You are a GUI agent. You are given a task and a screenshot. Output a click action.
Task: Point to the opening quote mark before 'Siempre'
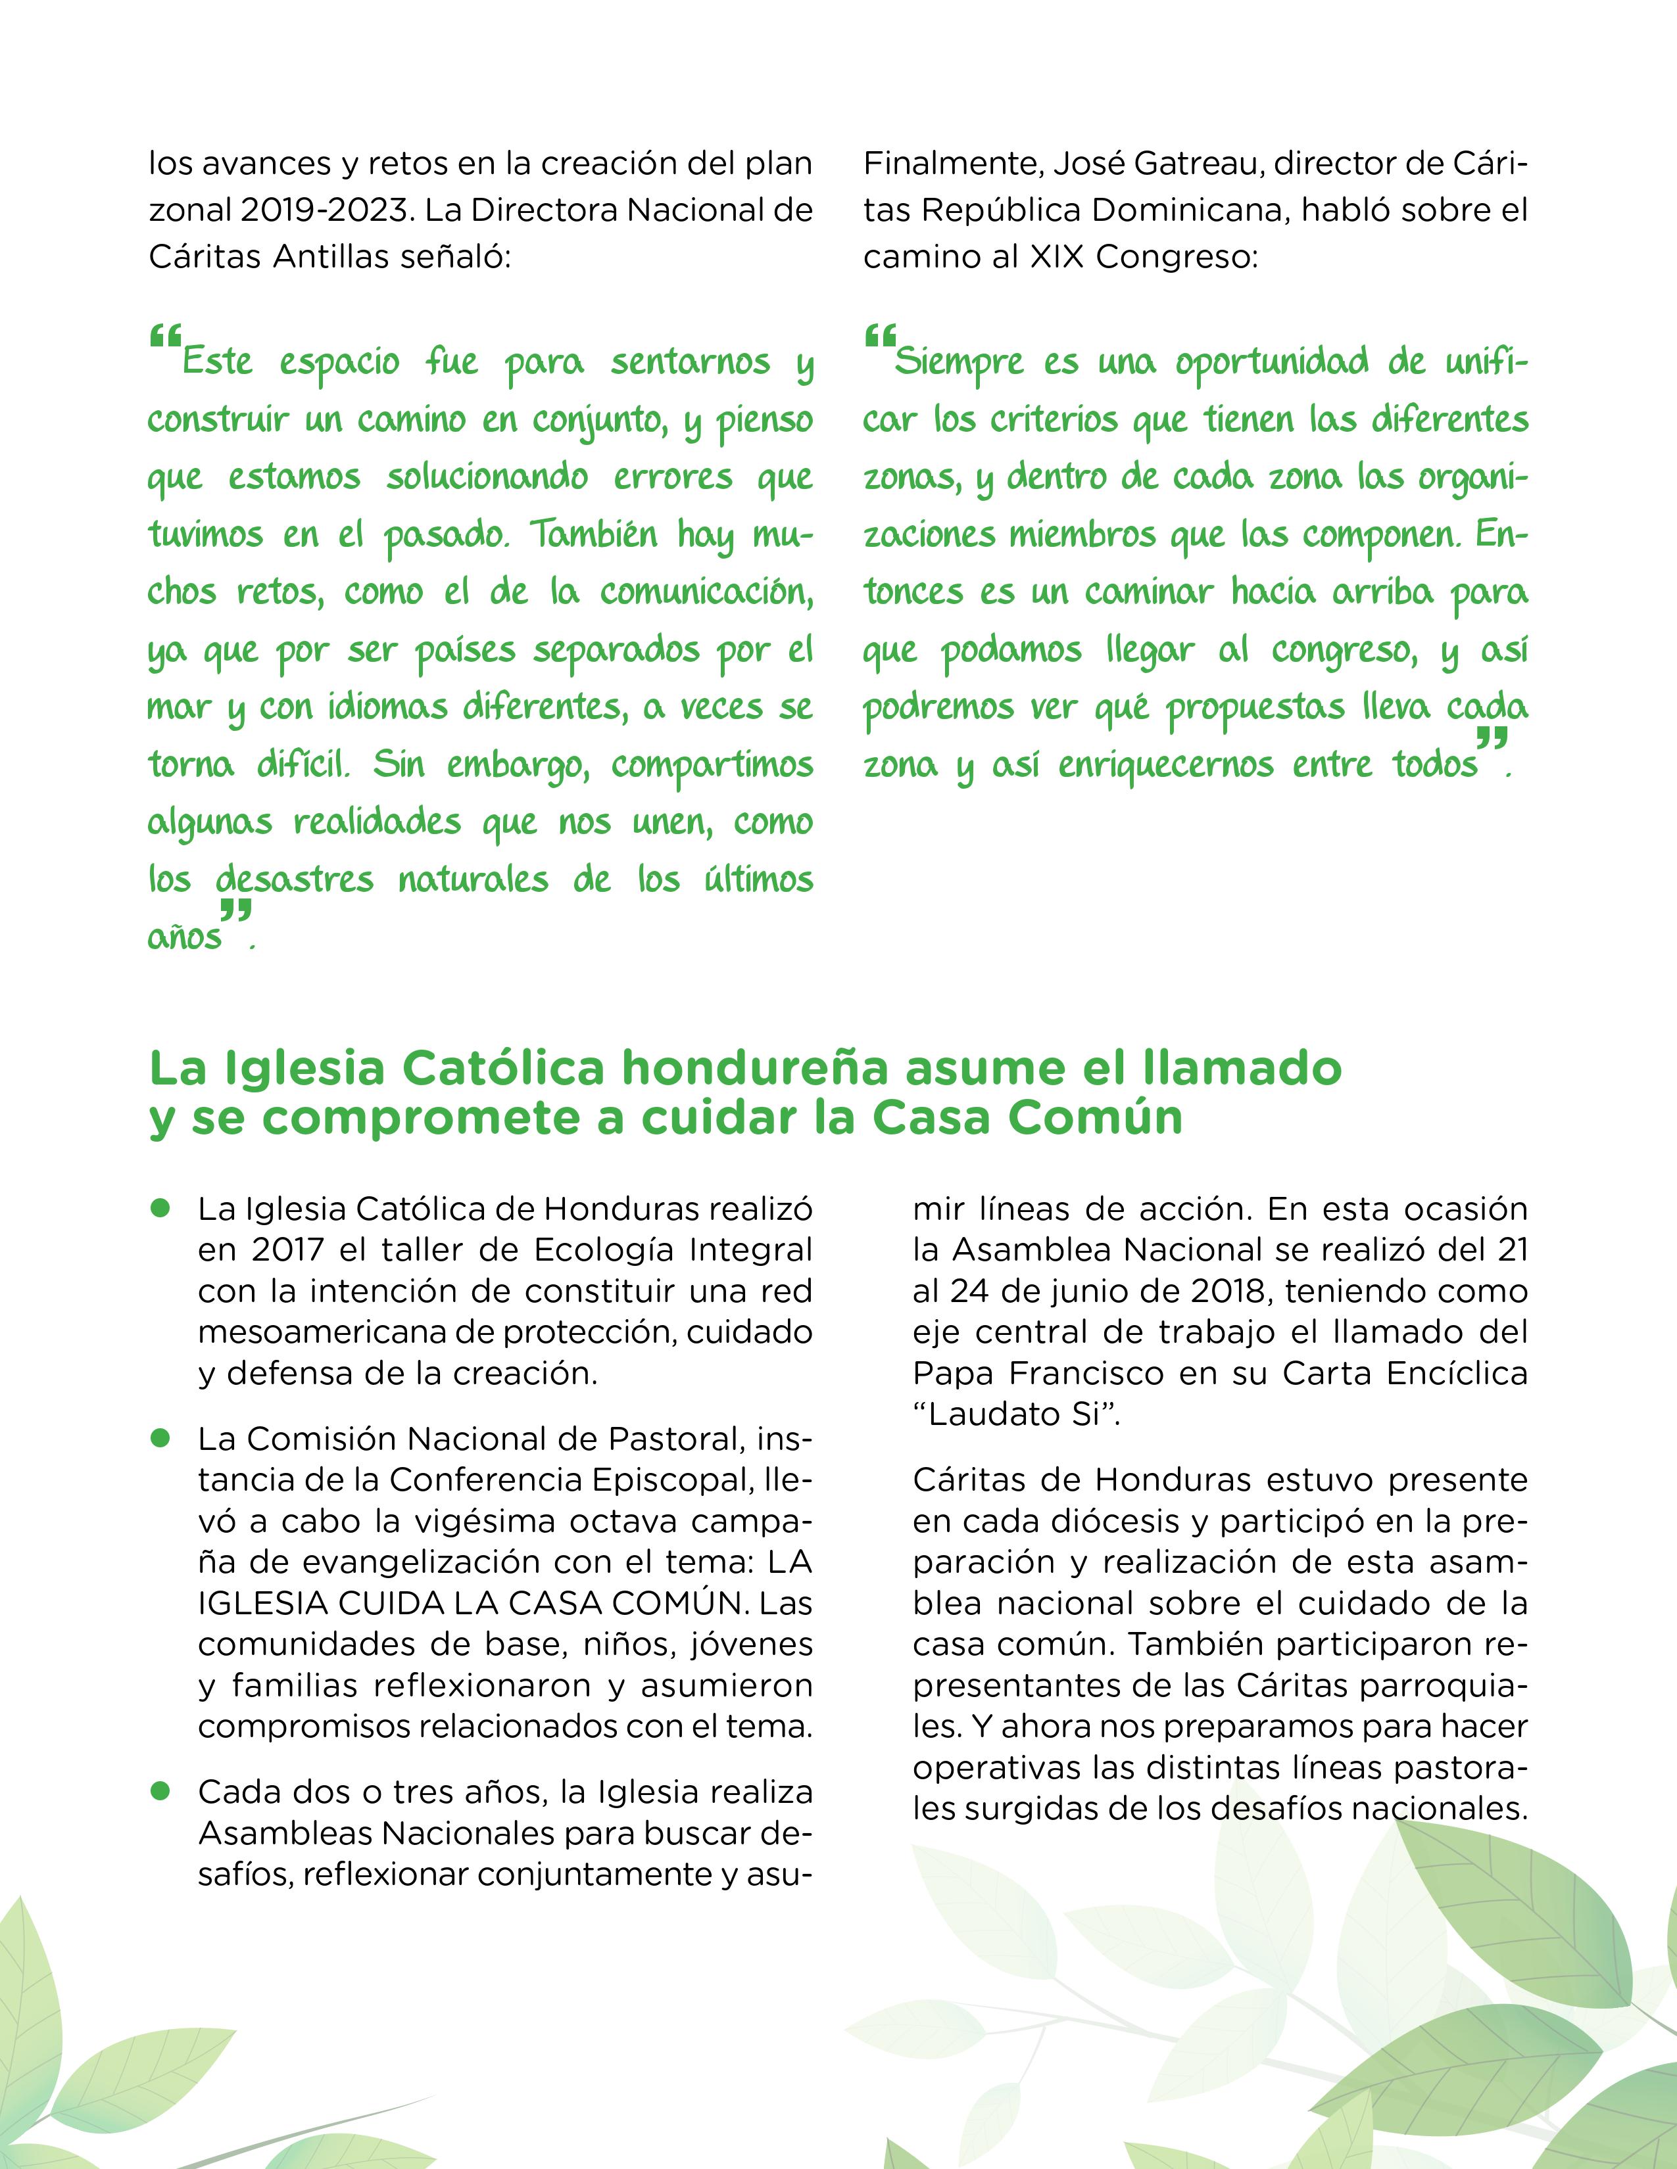879,338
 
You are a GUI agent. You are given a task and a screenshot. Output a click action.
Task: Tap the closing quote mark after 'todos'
1492,738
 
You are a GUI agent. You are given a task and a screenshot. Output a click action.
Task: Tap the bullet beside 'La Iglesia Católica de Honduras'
159,1207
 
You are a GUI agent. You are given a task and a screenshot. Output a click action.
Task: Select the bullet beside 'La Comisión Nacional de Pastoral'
159,1437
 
